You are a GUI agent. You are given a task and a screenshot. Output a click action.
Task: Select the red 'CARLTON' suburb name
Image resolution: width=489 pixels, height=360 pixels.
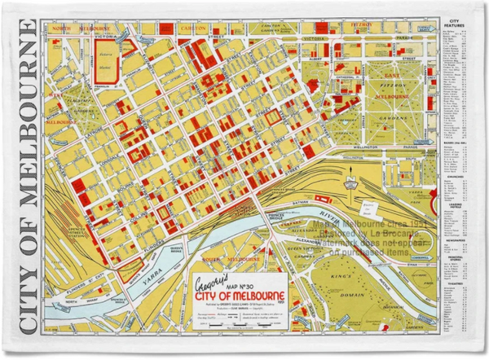(193, 26)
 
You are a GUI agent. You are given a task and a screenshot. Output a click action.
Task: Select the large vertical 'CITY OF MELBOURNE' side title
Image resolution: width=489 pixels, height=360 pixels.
(24, 179)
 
